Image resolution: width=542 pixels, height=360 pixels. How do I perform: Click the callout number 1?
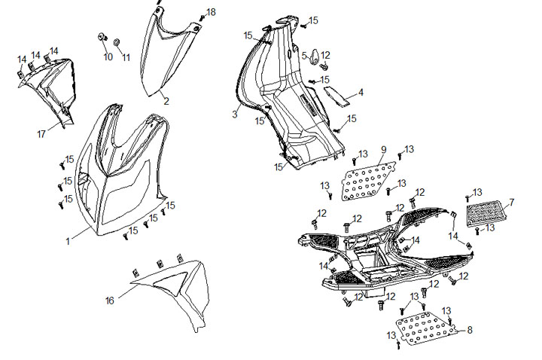[x=67, y=241]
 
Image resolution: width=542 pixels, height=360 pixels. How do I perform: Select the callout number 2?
[x=166, y=100]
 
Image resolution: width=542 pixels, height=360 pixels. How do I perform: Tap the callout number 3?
[x=235, y=114]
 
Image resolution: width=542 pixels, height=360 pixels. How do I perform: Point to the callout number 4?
[x=361, y=93]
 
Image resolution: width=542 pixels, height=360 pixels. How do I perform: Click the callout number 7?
[x=511, y=203]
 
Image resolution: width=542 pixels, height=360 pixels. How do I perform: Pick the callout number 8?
[x=470, y=330]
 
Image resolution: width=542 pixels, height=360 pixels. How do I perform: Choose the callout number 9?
[x=383, y=149]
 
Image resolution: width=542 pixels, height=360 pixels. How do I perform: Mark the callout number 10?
[x=108, y=57]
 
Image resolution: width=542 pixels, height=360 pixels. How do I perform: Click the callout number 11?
[x=126, y=57]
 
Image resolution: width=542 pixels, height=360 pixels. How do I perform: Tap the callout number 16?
[x=110, y=301]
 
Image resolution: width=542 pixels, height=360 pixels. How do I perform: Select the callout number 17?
[x=42, y=134]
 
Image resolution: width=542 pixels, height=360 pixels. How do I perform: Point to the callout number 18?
[x=211, y=12]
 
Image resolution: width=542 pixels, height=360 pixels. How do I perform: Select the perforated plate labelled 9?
[x=369, y=181]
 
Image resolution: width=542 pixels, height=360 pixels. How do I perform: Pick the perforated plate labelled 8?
[x=427, y=326]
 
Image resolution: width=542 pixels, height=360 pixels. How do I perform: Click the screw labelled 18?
[x=201, y=17]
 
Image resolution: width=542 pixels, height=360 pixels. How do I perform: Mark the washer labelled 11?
[x=118, y=38]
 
